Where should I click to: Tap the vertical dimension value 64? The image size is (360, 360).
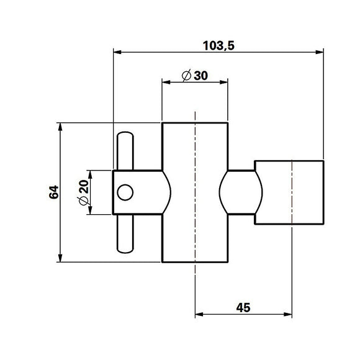(x=54, y=192)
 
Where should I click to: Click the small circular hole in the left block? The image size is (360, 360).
(x=125, y=192)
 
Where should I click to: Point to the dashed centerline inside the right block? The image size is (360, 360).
(x=292, y=192)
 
